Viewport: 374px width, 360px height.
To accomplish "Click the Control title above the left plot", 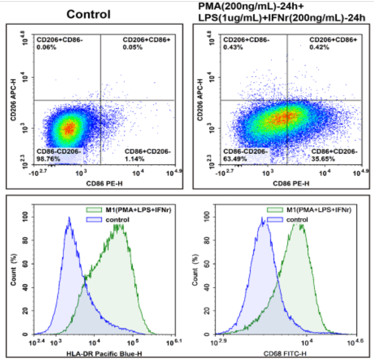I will [x=88, y=14].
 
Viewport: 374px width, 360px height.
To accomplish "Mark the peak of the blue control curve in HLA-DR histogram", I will [x=69, y=218].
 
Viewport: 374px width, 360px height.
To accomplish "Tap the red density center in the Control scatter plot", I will [x=68, y=129].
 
